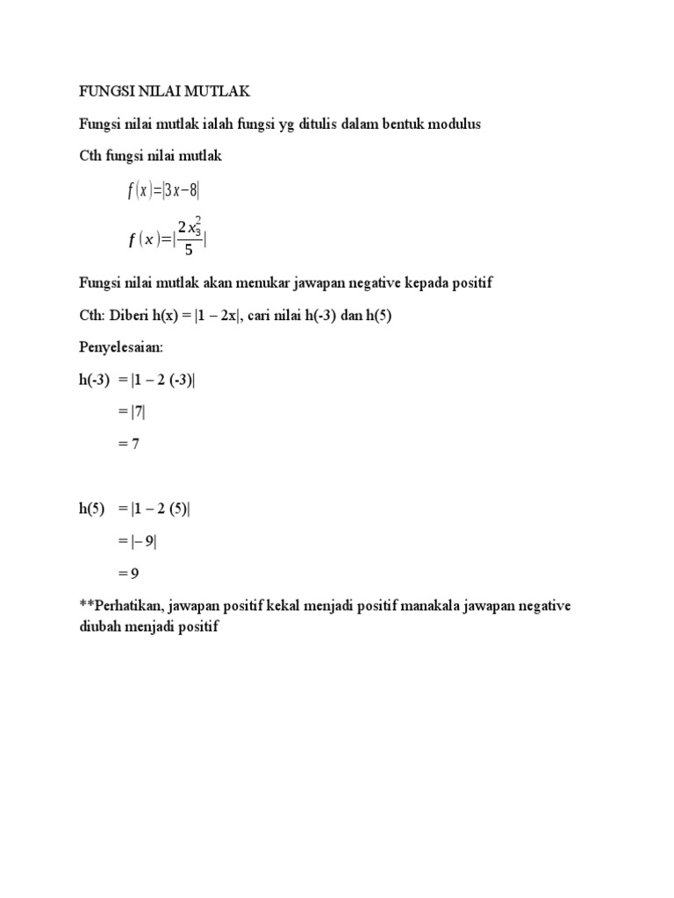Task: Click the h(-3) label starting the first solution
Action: point(95,380)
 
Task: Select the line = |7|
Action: point(134,412)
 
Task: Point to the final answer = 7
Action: point(129,444)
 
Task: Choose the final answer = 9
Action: point(129,574)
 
